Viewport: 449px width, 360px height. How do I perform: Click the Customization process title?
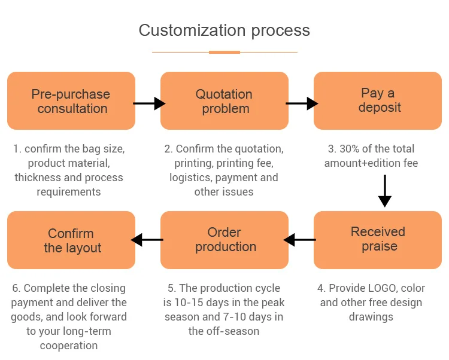click(x=224, y=30)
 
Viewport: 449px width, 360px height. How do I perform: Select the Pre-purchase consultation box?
click(x=71, y=101)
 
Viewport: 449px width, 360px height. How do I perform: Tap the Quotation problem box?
click(x=224, y=101)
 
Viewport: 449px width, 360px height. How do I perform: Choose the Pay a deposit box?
click(x=378, y=101)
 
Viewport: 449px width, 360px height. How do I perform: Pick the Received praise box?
click(x=378, y=239)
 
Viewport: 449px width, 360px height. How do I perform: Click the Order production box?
click(x=224, y=239)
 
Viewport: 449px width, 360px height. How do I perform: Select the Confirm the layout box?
click(x=71, y=240)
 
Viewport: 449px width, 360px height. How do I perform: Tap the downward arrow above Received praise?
click(x=385, y=191)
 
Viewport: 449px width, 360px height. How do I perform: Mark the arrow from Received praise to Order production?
click(x=300, y=240)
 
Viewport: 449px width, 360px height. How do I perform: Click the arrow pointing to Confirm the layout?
click(x=147, y=240)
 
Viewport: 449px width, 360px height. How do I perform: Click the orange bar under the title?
click(x=224, y=52)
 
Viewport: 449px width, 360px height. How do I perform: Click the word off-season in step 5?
click(x=235, y=331)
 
